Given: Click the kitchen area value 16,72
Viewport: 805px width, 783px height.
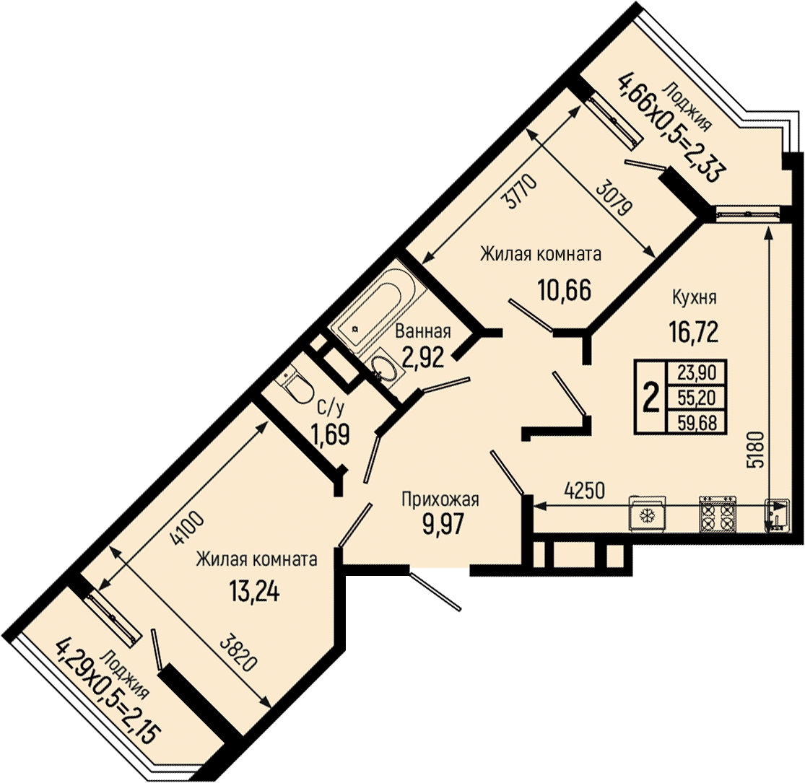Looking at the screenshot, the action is pos(692,331).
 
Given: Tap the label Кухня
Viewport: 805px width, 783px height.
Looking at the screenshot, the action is pos(694,297).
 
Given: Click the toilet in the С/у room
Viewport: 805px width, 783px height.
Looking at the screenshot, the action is pos(295,383).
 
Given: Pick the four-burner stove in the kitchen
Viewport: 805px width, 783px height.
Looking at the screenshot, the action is pos(718,514).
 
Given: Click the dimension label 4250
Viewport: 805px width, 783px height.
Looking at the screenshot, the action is pos(584,491).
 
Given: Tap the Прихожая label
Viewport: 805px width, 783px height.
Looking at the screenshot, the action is pos(440,499).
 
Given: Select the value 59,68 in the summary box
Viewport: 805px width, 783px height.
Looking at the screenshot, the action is pos(697,423).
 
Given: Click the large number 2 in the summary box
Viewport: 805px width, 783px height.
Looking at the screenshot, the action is pos(651,398).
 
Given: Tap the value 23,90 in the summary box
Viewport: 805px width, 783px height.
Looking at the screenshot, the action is pos(697,372).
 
